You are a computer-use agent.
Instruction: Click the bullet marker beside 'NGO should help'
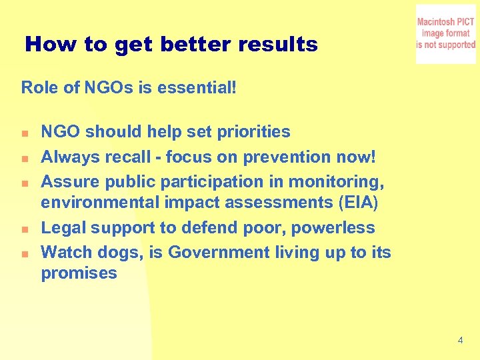tap(24, 133)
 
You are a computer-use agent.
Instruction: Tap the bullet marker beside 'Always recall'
tap(24, 158)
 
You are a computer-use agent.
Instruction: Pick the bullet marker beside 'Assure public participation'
tap(24, 183)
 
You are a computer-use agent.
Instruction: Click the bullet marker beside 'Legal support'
tap(24, 229)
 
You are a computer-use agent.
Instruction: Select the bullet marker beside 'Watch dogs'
tap(24, 254)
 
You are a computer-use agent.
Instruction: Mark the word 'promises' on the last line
tap(79, 273)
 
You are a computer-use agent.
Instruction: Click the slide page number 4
tap(461, 341)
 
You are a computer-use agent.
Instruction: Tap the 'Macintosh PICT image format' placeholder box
tap(446, 34)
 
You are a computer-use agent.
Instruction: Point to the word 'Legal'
tap(63, 228)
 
